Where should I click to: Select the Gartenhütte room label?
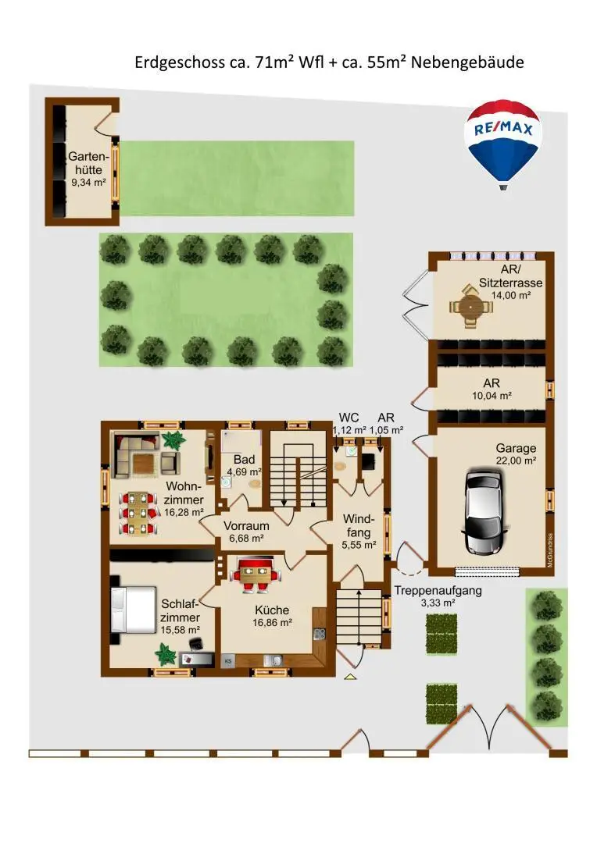[x=88, y=163]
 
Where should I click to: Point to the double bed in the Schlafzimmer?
[x=132, y=610]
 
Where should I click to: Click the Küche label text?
[x=272, y=610]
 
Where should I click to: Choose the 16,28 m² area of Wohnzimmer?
[x=184, y=512]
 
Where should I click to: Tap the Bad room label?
[x=244, y=460]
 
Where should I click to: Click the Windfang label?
[x=358, y=526]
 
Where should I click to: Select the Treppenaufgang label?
[x=438, y=590]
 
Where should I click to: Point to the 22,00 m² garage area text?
[x=516, y=461]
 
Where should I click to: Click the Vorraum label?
[x=247, y=526]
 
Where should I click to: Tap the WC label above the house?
[x=349, y=418]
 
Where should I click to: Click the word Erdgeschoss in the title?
[x=180, y=63]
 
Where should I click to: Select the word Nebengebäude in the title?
[x=467, y=62]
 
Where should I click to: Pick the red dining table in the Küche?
[x=256, y=575]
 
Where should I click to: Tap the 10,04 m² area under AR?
[x=492, y=396]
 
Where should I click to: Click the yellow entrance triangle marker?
[x=350, y=676]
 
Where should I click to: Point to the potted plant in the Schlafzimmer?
[x=166, y=654]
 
